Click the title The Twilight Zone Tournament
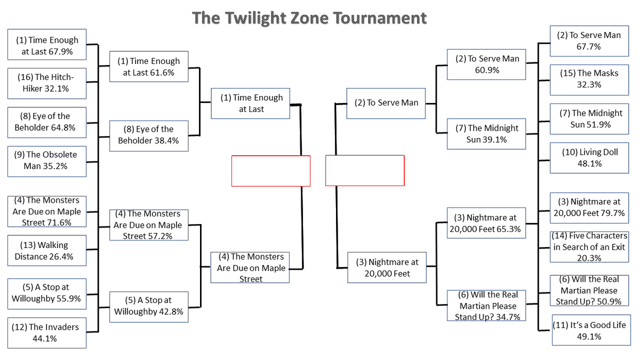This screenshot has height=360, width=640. (x=309, y=18)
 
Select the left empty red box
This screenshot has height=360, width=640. (x=271, y=171)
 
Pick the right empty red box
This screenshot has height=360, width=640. (x=365, y=171)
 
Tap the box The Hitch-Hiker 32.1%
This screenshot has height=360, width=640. (x=46, y=83)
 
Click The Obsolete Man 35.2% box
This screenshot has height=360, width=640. (x=46, y=161)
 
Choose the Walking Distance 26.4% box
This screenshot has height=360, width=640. (x=46, y=251)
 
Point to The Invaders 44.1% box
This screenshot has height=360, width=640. (x=46, y=333)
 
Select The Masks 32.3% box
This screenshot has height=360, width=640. (x=589, y=79)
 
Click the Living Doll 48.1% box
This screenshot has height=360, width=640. (x=589, y=158)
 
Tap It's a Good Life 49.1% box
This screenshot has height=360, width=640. (x=589, y=331)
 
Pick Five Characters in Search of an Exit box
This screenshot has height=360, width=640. (x=589, y=246)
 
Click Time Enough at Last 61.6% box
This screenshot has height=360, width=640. (x=149, y=67)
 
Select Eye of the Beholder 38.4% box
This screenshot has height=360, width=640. (x=149, y=135)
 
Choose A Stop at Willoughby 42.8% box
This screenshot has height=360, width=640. (x=149, y=306)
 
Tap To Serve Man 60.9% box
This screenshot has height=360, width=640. (x=486, y=64)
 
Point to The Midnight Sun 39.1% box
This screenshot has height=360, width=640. (x=486, y=134)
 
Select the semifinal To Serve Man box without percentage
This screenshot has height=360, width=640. (x=386, y=103)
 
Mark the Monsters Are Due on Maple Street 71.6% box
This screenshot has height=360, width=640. (x=46, y=211)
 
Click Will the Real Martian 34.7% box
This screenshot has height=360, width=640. (x=486, y=306)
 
